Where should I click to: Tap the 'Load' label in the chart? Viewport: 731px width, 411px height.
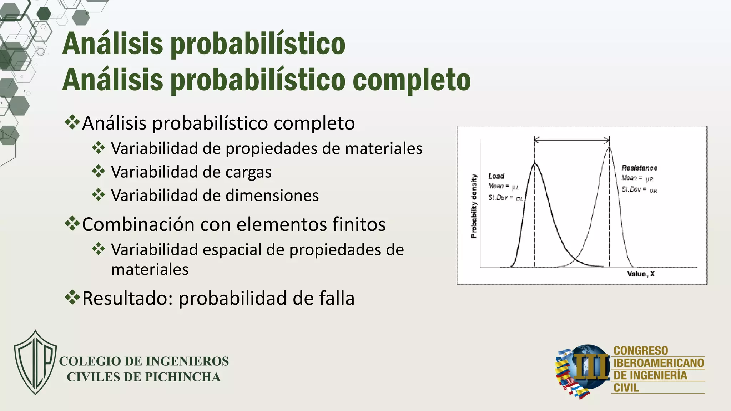[x=496, y=176]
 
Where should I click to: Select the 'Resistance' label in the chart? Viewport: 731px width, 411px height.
[x=639, y=168]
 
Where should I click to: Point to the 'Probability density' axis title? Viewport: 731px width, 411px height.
[x=474, y=206]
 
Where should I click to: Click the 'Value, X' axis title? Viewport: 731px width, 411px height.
[x=641, y=274]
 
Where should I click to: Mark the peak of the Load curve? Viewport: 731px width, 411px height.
[x=535, y=163]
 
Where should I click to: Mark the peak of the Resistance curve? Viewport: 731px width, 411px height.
[x=609, y=148]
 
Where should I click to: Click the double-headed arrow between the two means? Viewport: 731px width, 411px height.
[x=572, y=140]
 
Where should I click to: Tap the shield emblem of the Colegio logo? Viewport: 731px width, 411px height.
[x=35, y=362]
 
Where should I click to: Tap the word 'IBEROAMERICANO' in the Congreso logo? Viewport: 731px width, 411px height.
[x=659, y=363]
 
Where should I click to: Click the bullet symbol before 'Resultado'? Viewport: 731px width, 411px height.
[x=72, y=298]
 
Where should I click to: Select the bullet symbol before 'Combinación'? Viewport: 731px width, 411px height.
[x=72, y=224]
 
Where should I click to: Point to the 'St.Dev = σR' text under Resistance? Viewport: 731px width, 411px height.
[x=639, y=190]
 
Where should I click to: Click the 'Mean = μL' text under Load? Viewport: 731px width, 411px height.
[x=504, y=186]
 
